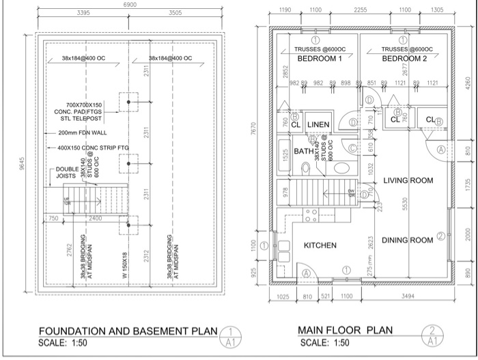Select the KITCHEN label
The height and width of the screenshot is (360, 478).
(x=320, y=245)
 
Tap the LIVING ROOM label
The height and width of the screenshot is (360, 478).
(x=409, y=180)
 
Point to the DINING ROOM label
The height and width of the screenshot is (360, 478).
(x=408, y=240)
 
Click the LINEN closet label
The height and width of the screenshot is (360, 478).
(x=318, y=124)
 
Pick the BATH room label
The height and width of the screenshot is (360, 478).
(x=303, y=151)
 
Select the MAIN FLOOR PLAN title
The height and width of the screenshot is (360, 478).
(x=346, y=331)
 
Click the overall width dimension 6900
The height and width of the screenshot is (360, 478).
(x=130, y=5)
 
